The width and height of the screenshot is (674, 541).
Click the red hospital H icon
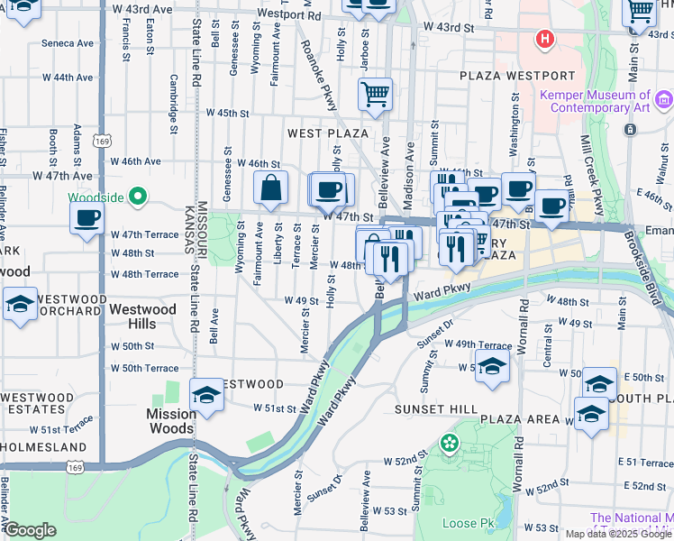[544, 39]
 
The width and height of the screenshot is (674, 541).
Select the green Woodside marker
[138, 195]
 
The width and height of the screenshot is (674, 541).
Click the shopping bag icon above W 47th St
[270, 190]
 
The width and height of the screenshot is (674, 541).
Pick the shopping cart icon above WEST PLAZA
[375, 94]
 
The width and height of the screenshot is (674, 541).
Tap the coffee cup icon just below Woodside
[87, 219]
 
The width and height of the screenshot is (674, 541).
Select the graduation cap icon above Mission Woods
[206, 396]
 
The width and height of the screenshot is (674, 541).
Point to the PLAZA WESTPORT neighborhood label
[516, 76]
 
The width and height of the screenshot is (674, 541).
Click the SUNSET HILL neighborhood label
[435, 409]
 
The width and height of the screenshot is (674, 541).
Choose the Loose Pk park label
[469, 523]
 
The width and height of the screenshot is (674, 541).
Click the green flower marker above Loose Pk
[449, 444]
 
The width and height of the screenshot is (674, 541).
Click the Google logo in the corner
[30, 530]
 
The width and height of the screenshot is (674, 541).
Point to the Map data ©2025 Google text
[617, 534]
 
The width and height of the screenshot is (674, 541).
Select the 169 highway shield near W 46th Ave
[105, 142]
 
